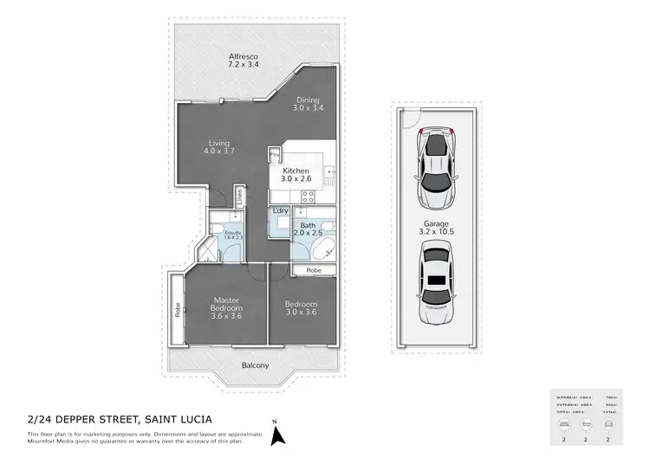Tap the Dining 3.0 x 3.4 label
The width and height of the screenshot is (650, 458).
click(x=308, y=104)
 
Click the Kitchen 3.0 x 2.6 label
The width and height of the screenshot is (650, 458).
click(x=296, y=176)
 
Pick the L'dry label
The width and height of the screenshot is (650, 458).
click(x=280, y=210)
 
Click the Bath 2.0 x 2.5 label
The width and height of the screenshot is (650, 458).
click(x=309, y=229)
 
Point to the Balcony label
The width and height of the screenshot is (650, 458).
click(x=255, y=365)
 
